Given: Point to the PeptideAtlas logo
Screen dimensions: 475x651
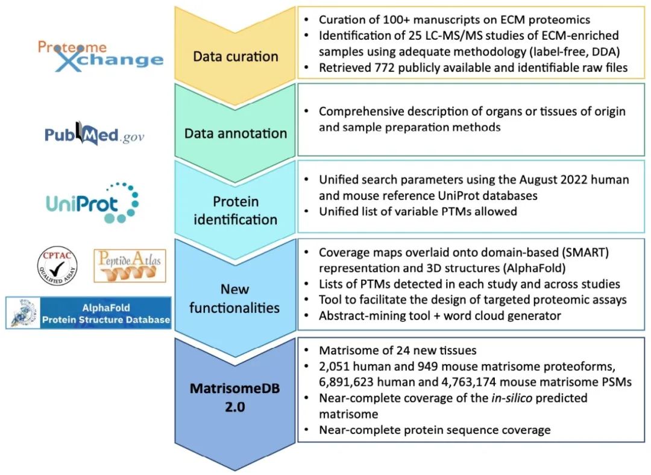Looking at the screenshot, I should click(x=130, y=266).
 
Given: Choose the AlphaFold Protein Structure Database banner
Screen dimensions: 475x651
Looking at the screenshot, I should click(x=89, y=313).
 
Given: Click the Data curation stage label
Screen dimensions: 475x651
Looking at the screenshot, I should click(x=235, y=57).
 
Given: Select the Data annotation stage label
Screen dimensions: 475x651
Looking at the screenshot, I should click(x=235, y=133).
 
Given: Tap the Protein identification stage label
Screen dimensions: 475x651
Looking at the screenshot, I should click(x=235, y=210).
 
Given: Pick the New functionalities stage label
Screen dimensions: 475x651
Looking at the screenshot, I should click(x=235, y=299).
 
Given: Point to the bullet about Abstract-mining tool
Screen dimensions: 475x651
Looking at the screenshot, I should click(x=440, y=315).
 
